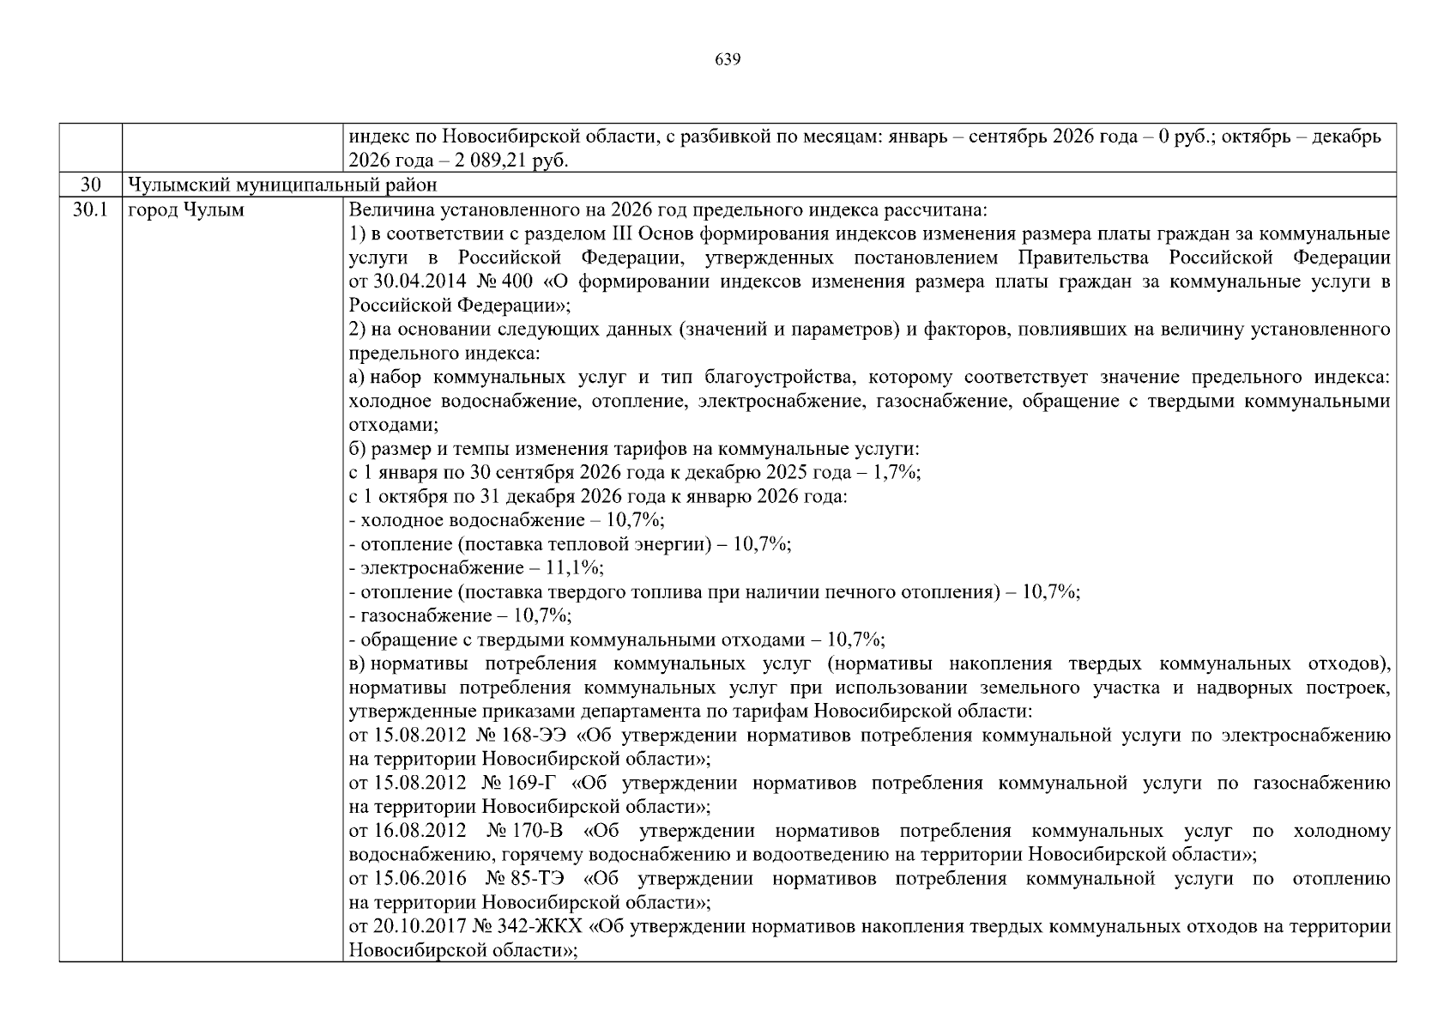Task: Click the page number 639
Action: point(727,59)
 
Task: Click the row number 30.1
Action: point(90,209)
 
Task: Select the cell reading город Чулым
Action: point(185,209)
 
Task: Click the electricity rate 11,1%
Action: point(579,567)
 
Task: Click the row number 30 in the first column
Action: point(90,185)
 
